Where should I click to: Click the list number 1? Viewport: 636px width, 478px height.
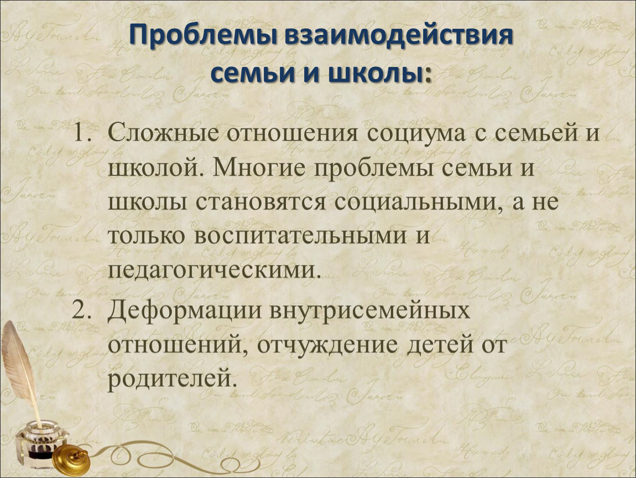pos(84,133)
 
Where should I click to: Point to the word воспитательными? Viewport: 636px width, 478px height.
pos(300,236)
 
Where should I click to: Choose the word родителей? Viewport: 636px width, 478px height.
pos(172,378)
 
